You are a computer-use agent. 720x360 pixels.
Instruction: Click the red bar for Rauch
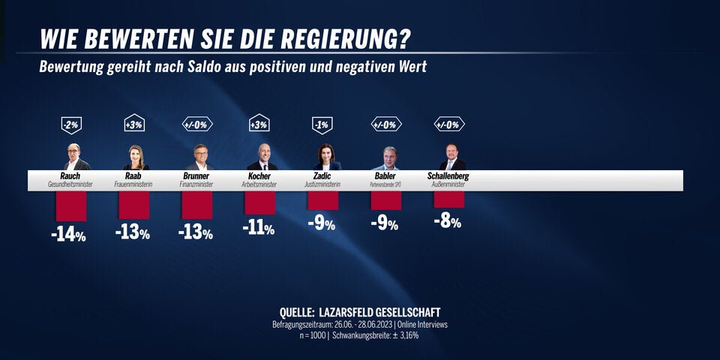[71, 205]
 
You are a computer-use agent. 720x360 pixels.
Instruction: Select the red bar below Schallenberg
[449, 199]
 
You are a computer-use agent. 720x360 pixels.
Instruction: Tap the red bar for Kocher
[260, 202]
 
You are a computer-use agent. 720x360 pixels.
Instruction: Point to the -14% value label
[69, 235]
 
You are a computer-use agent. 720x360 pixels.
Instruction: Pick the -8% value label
[447, 221]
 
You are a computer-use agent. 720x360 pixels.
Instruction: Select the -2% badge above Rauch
[71, 124]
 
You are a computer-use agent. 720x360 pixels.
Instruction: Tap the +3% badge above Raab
[134, 124]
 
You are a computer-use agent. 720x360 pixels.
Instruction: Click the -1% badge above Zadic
[322, 124]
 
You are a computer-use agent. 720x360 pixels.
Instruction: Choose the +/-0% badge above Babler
[386, 124]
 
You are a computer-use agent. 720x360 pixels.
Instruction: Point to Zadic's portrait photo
[324, 157]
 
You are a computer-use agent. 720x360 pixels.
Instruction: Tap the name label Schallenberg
[448, 176]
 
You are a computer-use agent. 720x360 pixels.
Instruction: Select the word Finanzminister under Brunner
[197, 184]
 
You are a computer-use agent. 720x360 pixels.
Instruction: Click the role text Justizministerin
[323, 184]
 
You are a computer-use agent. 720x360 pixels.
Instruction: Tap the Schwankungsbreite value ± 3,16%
[403, 335]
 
